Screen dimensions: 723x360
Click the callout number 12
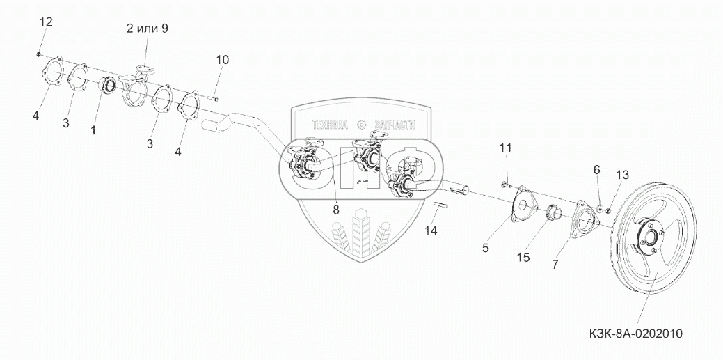tap(45, 22)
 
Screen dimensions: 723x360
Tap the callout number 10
tap(221, 61)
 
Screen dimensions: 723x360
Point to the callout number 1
tap(93, 130)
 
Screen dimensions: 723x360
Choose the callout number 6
tap(596, 169)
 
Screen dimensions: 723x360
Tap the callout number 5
tap(486, 247)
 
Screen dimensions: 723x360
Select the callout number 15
tap(523, 257)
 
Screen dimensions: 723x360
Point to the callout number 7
tap(555, 264)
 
